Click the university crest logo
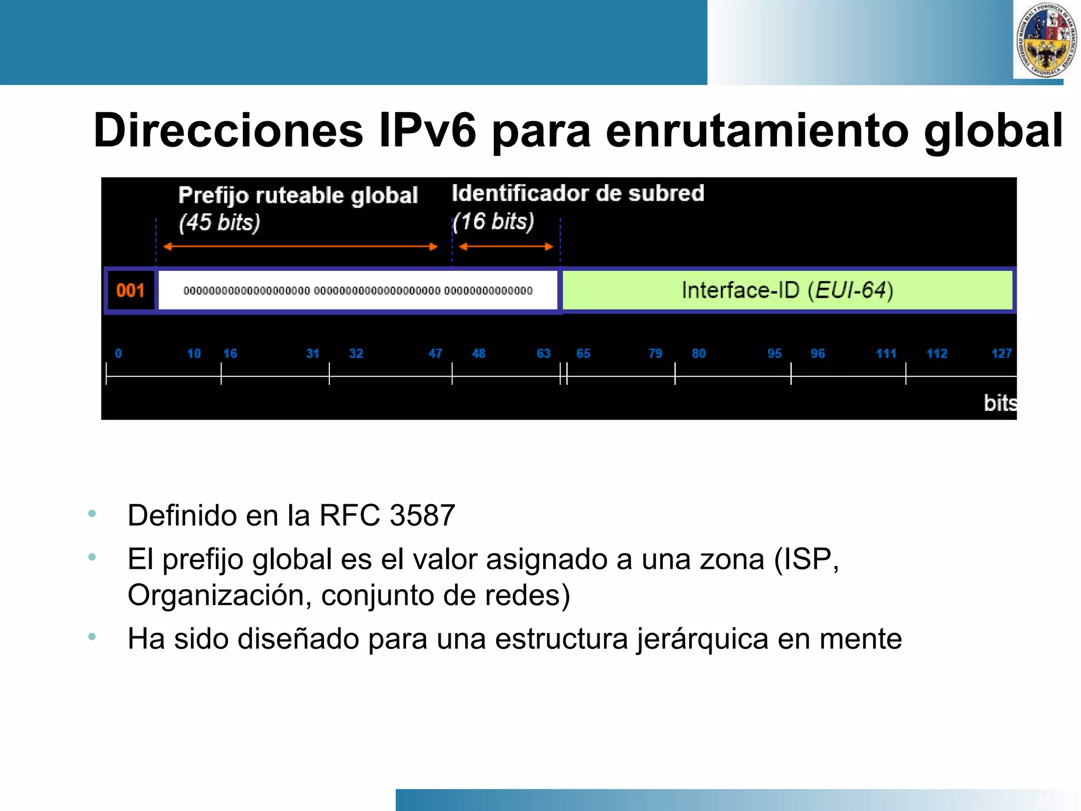click(x=1046, y=40)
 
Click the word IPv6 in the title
click(x=428, y=130)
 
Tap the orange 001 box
click(x=130, y=290)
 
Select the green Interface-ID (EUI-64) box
click(x=787, y=290)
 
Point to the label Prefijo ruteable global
click(x=298, y=195)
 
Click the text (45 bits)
click(x=219, y=222)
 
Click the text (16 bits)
click(x=494, y=221)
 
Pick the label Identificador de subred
click(x=577, y=193)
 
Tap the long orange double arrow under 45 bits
click(x=300, y=247)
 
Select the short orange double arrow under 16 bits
click(x=506, y=247)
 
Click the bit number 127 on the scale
click(x=1001, y=354)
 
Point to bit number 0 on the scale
click(x=118, y=354)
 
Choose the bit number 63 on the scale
click(x=543, y=354)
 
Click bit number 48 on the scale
click(x=478, y=354)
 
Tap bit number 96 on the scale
click(x=817, y=354)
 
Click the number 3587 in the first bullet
click(x=422, y=515)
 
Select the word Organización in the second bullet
click(x=215, y=596)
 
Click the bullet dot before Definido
click(x=92, y=513)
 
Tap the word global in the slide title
click(x=993, y=130)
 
